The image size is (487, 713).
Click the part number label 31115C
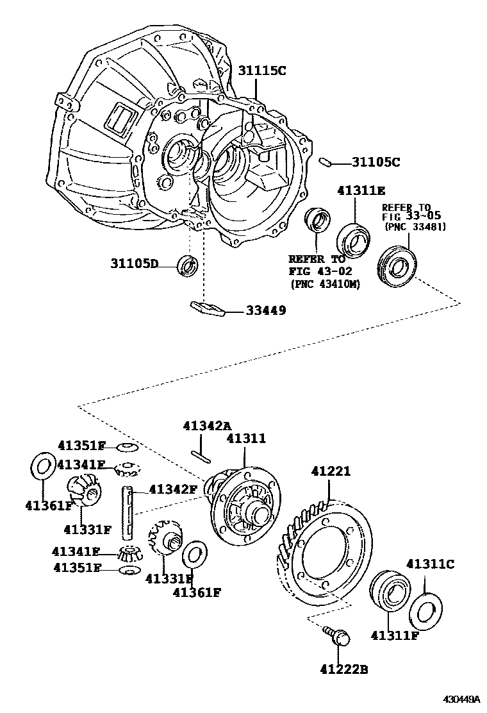263,71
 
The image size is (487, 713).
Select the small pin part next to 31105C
325,162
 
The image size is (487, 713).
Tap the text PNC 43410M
325,283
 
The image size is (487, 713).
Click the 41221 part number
331,471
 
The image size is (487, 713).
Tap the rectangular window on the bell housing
120,119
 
